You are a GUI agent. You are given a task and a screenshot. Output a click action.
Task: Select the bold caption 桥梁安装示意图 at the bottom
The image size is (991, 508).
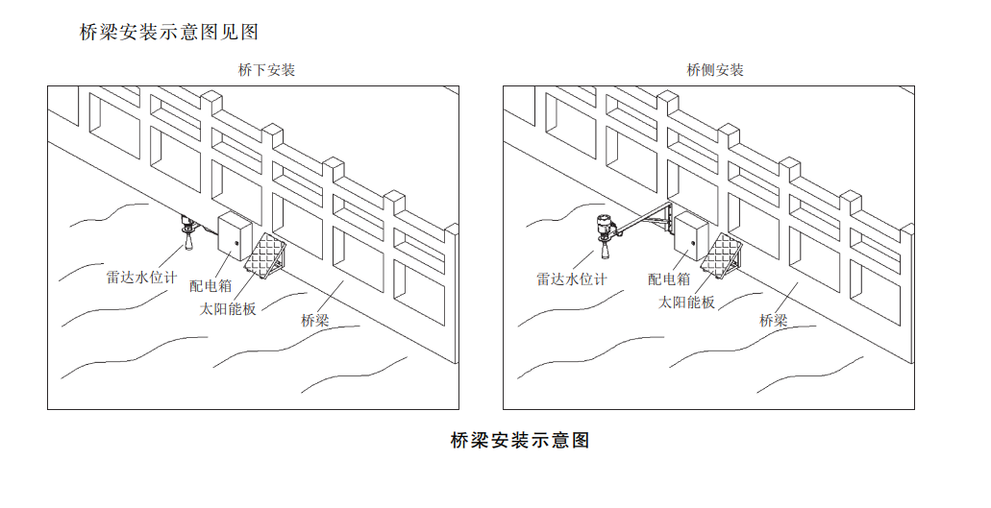point(519,441)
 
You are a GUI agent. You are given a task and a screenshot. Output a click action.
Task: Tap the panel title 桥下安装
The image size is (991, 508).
point(266,70)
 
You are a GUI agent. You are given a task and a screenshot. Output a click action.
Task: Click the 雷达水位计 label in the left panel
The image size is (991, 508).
point(141,278)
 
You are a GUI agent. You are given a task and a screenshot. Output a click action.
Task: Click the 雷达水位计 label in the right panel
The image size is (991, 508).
point(571,279)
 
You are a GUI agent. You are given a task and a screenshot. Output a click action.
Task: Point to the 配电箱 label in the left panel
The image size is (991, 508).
point(211,285)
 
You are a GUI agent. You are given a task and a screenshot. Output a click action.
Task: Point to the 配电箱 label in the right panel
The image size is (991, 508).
point(669,279)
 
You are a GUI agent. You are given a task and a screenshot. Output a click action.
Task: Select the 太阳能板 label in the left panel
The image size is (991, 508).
point(228,309)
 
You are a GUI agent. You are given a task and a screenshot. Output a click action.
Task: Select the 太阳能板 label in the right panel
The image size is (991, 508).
point(686,302)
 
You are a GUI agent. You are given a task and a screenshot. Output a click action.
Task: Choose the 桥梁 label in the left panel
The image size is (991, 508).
point(314,321)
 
